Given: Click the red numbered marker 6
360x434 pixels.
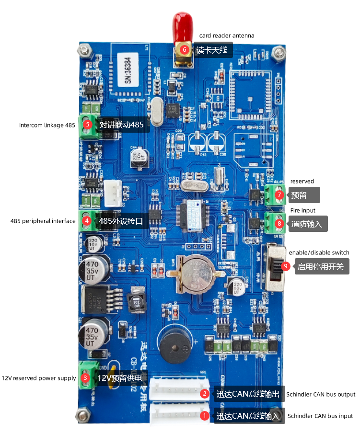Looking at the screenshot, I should (x=184, y=49).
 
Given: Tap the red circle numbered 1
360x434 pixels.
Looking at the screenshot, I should (x=205, y=416).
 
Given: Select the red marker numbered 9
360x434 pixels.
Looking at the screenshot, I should (x=286, y=266).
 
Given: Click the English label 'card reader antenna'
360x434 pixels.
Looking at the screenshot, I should (x=227, y=35).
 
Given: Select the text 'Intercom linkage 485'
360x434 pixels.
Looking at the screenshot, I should (x=47, y=125).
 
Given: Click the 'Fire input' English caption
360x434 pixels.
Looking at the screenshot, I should (x=303, y=210).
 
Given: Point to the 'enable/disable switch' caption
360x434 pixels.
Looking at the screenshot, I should (x=319, y=252).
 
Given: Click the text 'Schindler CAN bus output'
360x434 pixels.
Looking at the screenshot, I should (x=321, y=394).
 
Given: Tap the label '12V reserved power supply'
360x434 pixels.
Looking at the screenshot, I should (x=39, y=378).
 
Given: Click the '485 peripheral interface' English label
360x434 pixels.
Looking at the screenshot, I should (x=43, y=221).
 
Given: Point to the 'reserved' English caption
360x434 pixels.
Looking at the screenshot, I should (x=302, y=181).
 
